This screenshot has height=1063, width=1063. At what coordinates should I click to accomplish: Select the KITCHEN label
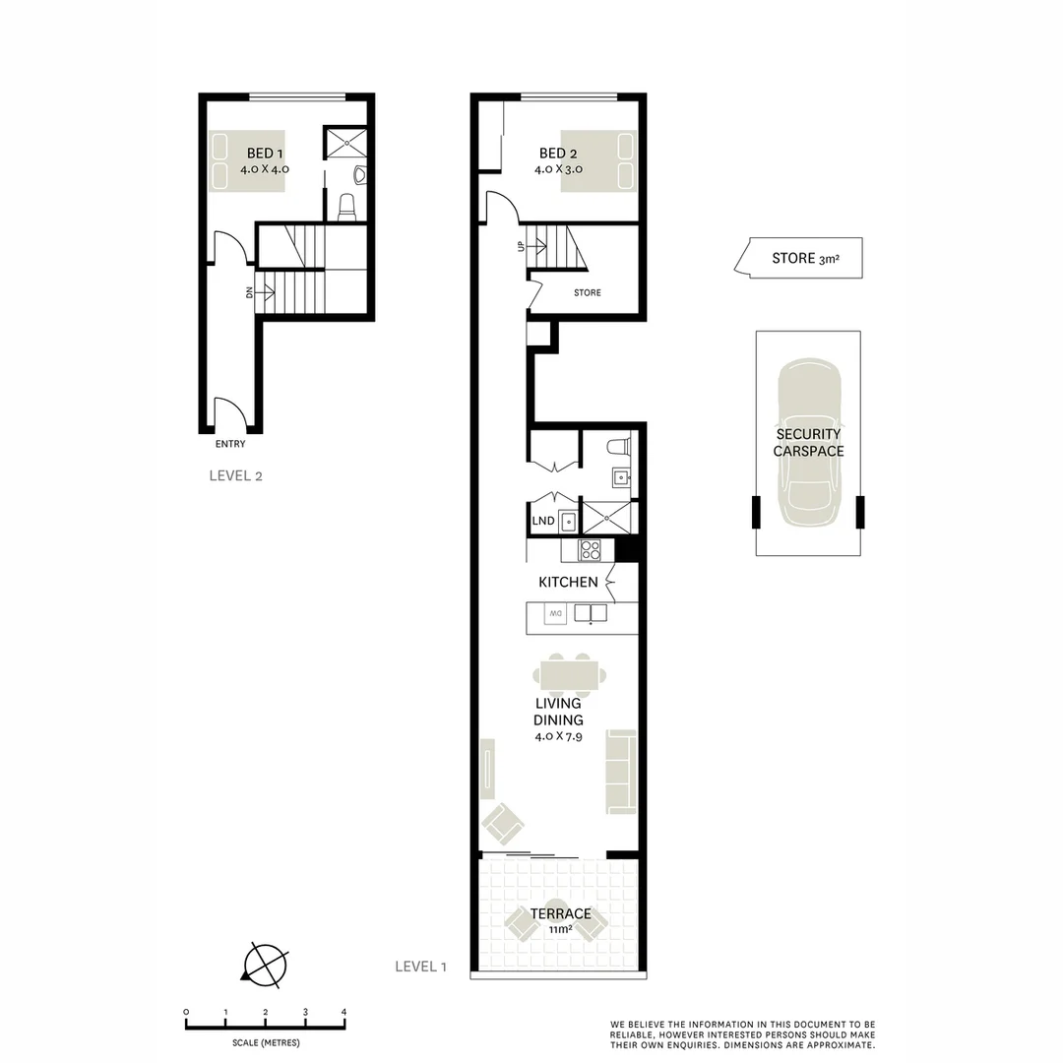pos(568,582)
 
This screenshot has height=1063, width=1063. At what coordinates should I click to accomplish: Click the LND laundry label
pos(542,521)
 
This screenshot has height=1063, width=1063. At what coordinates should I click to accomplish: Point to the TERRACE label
pos(560,913)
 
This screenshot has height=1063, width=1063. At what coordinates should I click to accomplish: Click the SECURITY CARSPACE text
pos(807,442)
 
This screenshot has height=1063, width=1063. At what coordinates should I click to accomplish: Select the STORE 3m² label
pos(804,259)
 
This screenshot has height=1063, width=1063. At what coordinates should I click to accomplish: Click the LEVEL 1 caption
pos(420,967)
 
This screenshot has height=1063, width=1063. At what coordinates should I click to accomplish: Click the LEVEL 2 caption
pos(235,475)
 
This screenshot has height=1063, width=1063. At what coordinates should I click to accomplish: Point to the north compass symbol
pos(265,964)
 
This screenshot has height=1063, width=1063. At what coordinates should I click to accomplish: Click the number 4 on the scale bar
pos(344,1012)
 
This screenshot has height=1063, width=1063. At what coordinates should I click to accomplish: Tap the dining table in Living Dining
pos(570,675)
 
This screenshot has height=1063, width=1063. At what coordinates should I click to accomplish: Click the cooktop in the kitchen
pos(590,550)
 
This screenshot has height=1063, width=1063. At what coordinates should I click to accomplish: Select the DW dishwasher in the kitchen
pos(554,614)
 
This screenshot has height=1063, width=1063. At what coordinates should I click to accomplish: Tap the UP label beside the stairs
pos(521,246)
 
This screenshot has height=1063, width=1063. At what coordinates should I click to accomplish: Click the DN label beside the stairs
pos(250,292)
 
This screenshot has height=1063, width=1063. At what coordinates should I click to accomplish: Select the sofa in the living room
pos(621,772)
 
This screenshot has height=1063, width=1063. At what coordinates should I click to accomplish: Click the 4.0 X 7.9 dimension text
pos(558,736)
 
